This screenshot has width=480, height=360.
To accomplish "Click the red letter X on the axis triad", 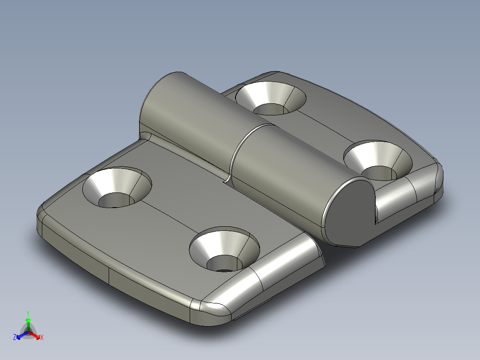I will click(x=41, y=338).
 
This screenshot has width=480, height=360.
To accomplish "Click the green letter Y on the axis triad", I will click(x=28, y=313).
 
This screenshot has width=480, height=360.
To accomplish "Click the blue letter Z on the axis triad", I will click(x=15, y=337).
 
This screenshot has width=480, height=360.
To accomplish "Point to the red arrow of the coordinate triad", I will click(x=36, y=335).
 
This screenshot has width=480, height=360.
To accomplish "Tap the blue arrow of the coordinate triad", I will click(x=20, y=335).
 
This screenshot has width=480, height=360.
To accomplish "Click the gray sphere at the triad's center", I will click(x=28, y=332).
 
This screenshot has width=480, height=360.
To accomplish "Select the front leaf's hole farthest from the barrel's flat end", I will click(x=117, y=188).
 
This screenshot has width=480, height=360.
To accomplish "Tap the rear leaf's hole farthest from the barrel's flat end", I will click(x=271, y=97).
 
